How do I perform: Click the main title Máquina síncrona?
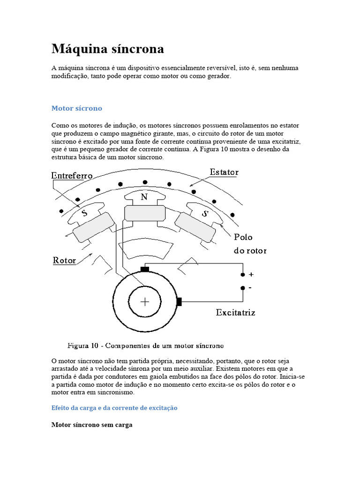pos(107,49)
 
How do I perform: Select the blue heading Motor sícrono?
pos(76,108)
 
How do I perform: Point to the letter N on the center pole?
pos(144,197)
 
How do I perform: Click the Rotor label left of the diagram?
pos(65,260)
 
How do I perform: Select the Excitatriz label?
pos(235,312)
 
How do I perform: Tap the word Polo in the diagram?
pos(243,238)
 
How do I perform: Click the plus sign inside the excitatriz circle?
pos(144,302)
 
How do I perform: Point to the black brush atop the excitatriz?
pos(145,269)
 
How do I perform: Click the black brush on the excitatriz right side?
pos(179,302)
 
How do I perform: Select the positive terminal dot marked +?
pos(242,275)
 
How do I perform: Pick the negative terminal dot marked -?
pos(242,288)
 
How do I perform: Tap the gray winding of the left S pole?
pos(93,226)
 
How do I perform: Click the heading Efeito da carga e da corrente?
pos(114,408)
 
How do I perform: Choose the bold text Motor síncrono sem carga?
pos(92,425)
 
